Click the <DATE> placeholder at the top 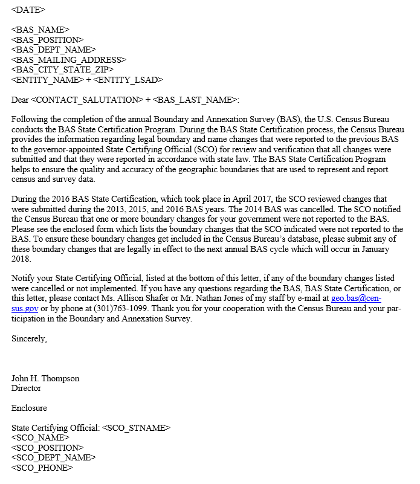(28, 10)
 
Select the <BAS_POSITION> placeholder (47, 39)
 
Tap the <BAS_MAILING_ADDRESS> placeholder (69, 59)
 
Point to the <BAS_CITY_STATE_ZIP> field (62, 69)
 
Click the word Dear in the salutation (20, 99)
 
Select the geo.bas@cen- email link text (356, 298)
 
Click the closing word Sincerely (29, 338)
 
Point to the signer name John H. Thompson (45, 378)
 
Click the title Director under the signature (26, 388)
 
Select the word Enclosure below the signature (29, 408)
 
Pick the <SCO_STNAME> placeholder (136, 428)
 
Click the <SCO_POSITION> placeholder (47, 448)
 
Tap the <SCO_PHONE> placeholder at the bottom (42, 467)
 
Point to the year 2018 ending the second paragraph (21, 259)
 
